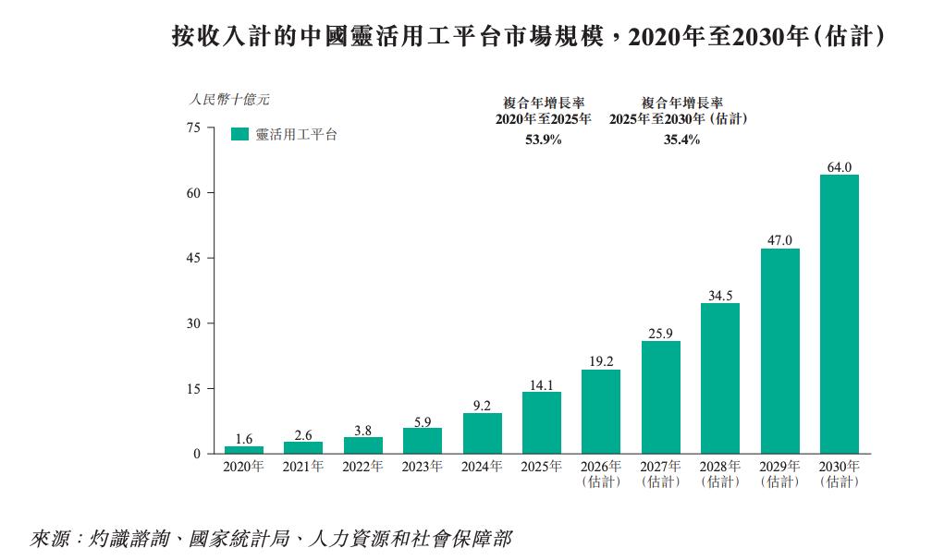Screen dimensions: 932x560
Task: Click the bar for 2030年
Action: [839, 314]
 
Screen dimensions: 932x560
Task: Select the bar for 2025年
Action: [542, 423]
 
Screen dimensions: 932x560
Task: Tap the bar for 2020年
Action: [244, 450]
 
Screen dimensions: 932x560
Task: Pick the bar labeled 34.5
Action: [719, 378]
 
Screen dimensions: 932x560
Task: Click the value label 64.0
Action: [840, 167]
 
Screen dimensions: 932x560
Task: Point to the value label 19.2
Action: [601, 361]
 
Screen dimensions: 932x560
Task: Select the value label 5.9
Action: [423, 422]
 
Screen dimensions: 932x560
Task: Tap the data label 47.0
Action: [779, 240]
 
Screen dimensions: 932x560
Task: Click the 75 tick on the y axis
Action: [194, 128]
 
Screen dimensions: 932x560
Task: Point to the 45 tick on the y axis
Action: [194, 259]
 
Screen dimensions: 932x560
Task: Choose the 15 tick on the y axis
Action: [194, 389]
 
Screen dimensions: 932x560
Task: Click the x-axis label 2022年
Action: [362, 467]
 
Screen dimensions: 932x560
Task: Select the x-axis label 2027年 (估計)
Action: [660, 474]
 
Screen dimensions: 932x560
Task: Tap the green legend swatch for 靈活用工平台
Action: [239, 134]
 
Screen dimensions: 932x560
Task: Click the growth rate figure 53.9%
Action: [544, 140]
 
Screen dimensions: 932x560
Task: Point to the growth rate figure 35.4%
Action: [681, 140]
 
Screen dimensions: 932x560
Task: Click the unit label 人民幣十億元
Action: [229, 99]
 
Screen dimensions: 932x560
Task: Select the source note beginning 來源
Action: [271, 539]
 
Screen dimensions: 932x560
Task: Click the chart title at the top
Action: [529, 36]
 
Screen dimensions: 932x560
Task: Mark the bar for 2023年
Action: [423, 441]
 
